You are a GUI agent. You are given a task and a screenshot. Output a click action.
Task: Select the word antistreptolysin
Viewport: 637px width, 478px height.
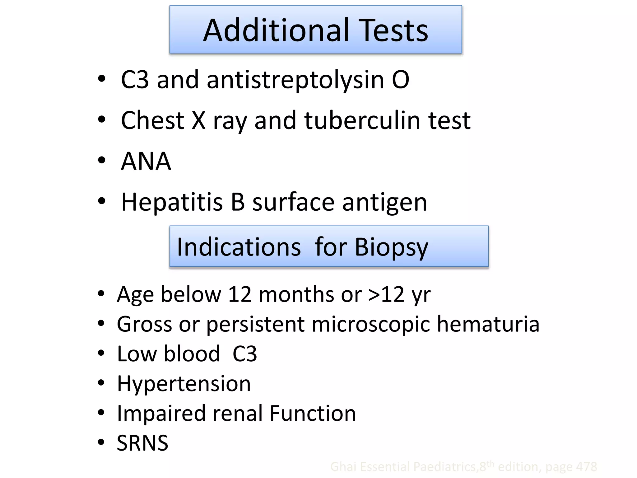(x=295, y=80)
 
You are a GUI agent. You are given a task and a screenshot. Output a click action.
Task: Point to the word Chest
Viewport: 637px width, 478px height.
(x=152, y=120)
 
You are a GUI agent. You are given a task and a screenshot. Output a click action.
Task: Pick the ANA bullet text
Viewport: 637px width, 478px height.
(x=146, y=161)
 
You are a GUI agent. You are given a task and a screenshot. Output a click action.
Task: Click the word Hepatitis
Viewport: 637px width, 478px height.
(x=172, y=202)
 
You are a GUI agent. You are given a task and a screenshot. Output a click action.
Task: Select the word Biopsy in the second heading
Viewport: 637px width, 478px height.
(x=391, y=247)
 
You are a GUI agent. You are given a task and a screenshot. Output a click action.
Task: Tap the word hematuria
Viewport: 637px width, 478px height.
(x=488, y=324)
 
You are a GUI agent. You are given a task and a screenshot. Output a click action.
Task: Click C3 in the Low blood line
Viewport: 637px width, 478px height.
(x=245, y=354)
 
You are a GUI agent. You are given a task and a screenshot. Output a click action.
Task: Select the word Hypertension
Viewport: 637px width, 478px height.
(x=184, y=384)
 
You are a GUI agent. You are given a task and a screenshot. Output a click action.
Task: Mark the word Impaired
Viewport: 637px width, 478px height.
(x=161, y=414)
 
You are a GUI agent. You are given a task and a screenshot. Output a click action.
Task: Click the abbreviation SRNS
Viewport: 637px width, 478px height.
(x=142, y=443)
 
